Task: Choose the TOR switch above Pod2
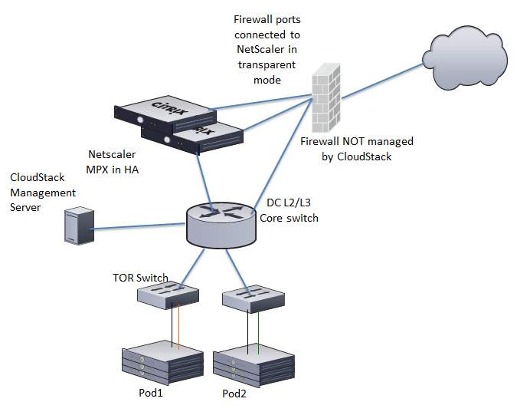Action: pyautogui.click(x=252, y=298)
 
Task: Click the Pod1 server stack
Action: pyautogui.click(x=162, y=363)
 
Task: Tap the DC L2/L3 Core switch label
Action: pyautogui.click(x=292, y=211)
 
